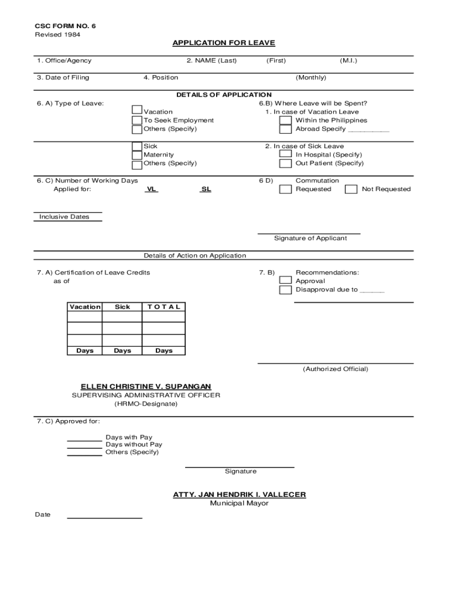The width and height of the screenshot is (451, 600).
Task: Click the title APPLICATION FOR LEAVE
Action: pos(223,43)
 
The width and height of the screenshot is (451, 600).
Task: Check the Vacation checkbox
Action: pos(137,110)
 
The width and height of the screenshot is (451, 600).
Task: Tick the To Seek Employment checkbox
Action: pos(137,121)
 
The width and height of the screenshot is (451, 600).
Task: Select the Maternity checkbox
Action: pos(137,155)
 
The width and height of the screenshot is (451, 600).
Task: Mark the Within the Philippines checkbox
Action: pos(285,121)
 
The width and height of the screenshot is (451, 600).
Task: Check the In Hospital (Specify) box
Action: pos(285,155)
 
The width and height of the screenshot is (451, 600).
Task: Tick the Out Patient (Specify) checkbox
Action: pos(285,164)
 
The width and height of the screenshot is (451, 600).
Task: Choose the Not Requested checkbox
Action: pos(351,189)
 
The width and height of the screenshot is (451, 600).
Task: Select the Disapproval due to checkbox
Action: pos(285,290)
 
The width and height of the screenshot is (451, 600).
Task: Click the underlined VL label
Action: pos(151,189)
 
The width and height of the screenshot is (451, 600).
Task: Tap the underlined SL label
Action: pos(206,189)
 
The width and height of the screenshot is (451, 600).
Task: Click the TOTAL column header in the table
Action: pos(164,307)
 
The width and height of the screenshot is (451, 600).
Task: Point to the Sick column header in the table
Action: pos(122,307)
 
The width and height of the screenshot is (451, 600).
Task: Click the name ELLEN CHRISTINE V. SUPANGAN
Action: pos(146,386)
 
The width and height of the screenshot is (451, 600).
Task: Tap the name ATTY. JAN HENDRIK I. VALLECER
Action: pos(239,495)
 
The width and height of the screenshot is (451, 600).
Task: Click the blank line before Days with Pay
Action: pos(84,440)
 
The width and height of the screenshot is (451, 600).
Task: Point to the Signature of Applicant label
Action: pos(310,238)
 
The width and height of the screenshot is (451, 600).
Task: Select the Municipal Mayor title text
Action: pos(239,503)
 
